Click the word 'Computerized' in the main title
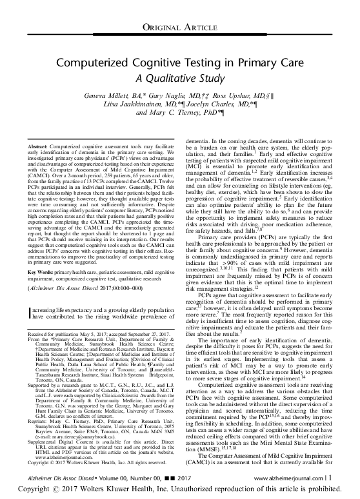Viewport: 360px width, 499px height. (101, 63)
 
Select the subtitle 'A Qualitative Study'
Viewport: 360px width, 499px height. (180, 78)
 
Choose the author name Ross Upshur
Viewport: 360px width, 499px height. (236, 93)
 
